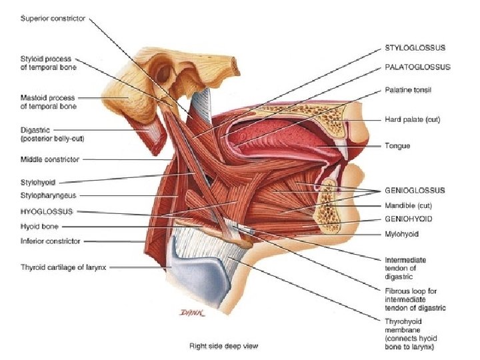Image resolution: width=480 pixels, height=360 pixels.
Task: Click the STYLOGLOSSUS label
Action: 415,48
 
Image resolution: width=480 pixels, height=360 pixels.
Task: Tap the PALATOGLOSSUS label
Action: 417,67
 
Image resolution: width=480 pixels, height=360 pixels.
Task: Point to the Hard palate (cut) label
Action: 413,120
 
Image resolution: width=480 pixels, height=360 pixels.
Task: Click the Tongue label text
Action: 397,145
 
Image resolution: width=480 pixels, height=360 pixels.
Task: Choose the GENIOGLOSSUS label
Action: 415,190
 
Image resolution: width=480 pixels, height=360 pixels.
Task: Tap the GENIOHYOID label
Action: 409,219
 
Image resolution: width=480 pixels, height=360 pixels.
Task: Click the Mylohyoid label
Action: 402,234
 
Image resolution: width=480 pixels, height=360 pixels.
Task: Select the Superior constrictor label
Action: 53,19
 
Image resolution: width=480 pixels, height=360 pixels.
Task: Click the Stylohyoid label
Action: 38,181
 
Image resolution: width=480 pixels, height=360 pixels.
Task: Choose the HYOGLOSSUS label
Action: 47,211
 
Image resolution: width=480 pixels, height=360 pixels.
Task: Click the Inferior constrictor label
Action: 50,241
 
